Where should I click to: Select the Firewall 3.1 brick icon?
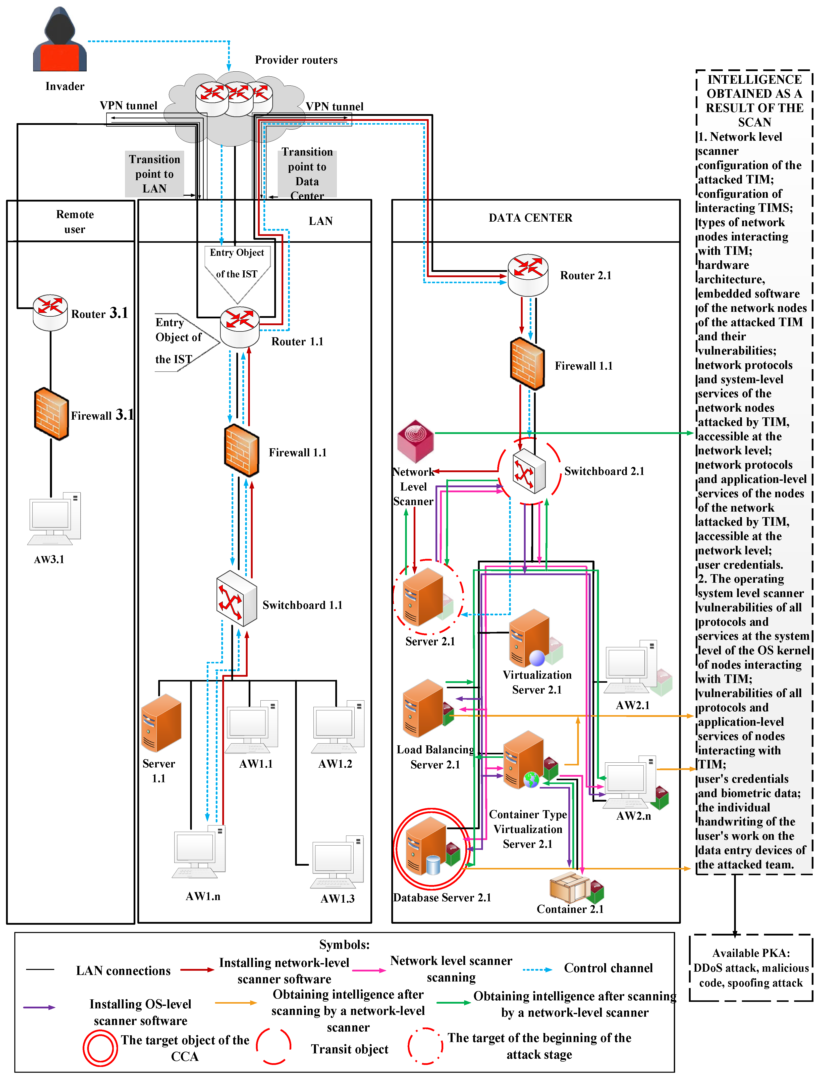pos(51,414)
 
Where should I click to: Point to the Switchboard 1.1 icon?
pos(237,598)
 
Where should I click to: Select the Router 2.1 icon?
pos(528,275)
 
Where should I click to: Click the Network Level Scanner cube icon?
pos(415,441)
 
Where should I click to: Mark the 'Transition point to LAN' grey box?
pos(154,174)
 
